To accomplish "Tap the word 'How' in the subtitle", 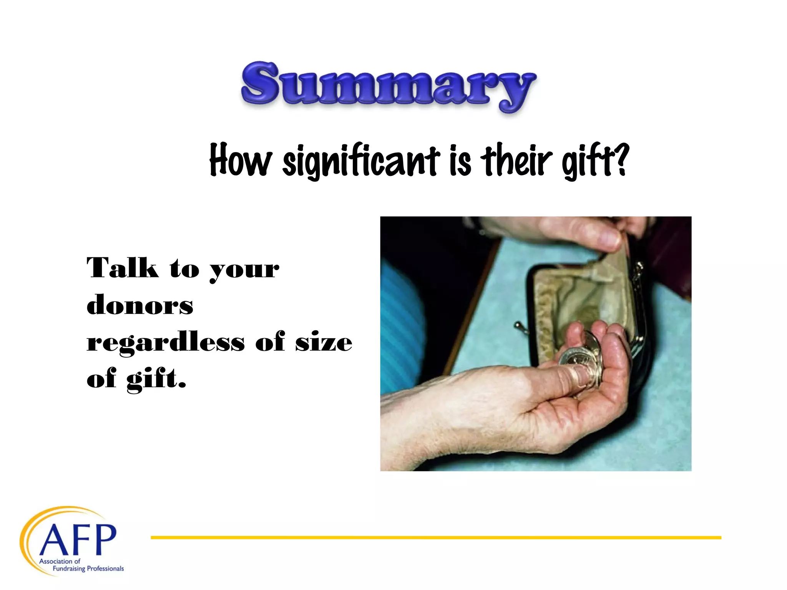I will click(241, 160).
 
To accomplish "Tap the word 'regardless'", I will click(166, 341).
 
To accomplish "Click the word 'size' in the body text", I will click(323, 341).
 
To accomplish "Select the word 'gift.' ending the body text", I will click(156, 379).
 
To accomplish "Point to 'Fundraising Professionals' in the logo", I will click(88, 568).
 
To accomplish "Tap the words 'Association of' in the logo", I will click(60, 561).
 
